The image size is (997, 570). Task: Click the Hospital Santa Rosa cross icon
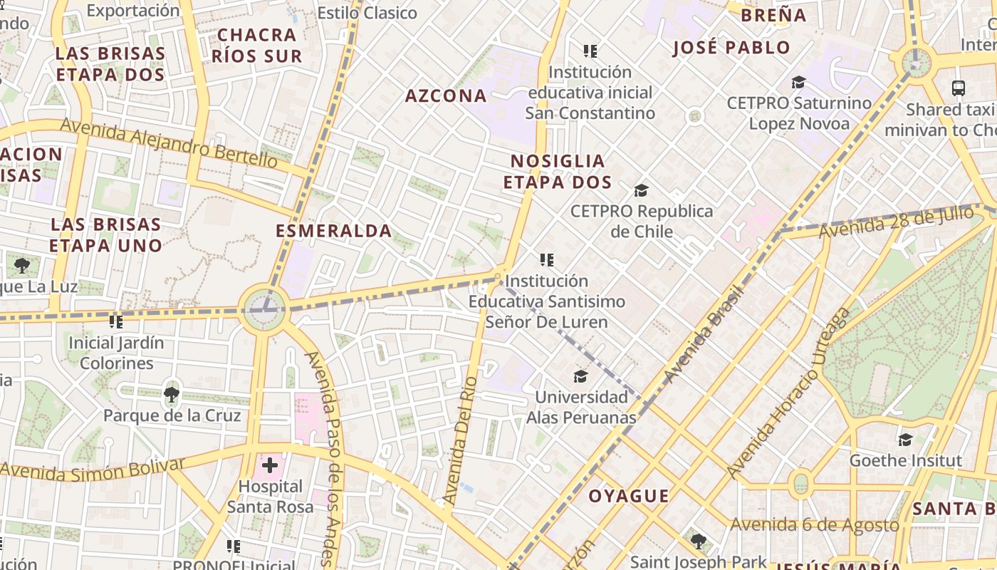click(270, 466)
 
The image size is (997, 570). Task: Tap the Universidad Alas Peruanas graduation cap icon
click(581, 376)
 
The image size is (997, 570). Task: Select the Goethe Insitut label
click(905, 460)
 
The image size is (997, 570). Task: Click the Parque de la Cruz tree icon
click(171, 394)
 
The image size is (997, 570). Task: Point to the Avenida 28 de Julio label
click(896, 222)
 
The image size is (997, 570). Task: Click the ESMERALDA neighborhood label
click(333, 231)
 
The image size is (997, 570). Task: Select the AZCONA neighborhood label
click(446, 95)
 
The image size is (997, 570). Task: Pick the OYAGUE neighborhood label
click(629, 496)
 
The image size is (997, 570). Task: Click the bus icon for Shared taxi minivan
click(959, 88)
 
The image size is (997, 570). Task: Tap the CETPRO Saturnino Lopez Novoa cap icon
click(798, 82)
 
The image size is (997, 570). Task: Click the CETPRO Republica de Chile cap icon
click(641, 190)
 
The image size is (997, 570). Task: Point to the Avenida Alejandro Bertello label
click(169, 143)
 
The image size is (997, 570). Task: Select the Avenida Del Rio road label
click(459, 440)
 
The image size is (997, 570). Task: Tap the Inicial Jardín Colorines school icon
click(116, 321)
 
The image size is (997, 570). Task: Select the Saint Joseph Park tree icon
click(699, 541)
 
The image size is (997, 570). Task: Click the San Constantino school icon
click(590, 51)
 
